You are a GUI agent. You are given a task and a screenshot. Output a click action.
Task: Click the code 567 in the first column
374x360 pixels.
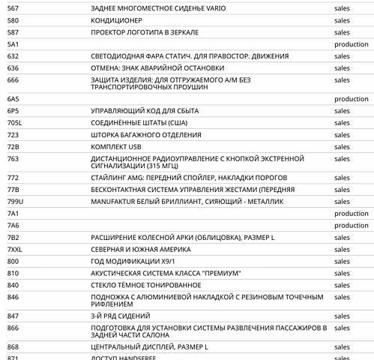tap(13, 7)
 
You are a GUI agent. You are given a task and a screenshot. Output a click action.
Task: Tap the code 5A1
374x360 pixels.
tap(13, 44)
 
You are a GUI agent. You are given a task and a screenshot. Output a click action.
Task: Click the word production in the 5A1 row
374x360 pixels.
tap(352, 44)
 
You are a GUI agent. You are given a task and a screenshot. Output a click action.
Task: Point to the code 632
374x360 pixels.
tap(13, 56)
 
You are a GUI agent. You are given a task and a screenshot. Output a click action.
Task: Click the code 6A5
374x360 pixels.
tap(13, 99)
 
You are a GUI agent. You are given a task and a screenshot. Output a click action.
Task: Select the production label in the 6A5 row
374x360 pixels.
tap(352, 99)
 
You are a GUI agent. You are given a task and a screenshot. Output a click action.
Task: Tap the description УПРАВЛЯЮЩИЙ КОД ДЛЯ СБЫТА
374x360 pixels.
tap(145, 111)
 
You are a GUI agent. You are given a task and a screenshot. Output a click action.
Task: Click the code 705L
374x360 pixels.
tap(15, 123)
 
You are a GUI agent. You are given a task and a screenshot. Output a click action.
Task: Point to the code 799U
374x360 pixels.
tap(16, 202)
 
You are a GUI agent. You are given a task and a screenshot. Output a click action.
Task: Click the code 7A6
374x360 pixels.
tap(13, 225)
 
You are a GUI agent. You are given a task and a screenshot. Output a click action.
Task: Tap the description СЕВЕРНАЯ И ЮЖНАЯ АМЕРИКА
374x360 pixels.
tap(141, 249)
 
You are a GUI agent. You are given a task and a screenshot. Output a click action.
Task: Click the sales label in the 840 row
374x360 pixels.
tap(342, 285)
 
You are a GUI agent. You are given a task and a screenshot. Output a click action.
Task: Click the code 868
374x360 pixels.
tap(13, 346)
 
